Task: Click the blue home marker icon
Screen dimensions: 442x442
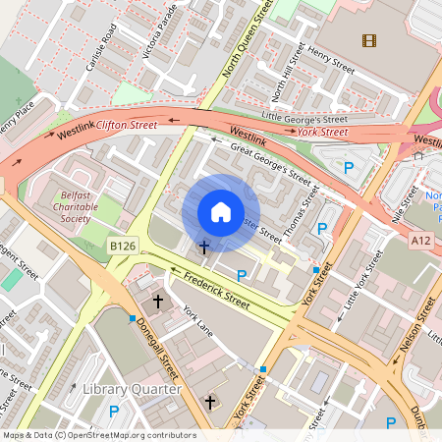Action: pos(221,212)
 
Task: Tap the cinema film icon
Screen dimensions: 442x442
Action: pos(368,40)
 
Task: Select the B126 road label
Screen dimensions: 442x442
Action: pos(121,245)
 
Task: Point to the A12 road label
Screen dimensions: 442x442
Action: pos(421,241)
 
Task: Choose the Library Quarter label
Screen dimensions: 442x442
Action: pos(132,390)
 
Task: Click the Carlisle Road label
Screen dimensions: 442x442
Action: pos(100,47)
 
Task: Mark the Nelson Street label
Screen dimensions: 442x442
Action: pos(416,334)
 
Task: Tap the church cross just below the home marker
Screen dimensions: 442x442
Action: pos(204,247)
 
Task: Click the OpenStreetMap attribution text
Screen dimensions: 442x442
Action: pos(98,435)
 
